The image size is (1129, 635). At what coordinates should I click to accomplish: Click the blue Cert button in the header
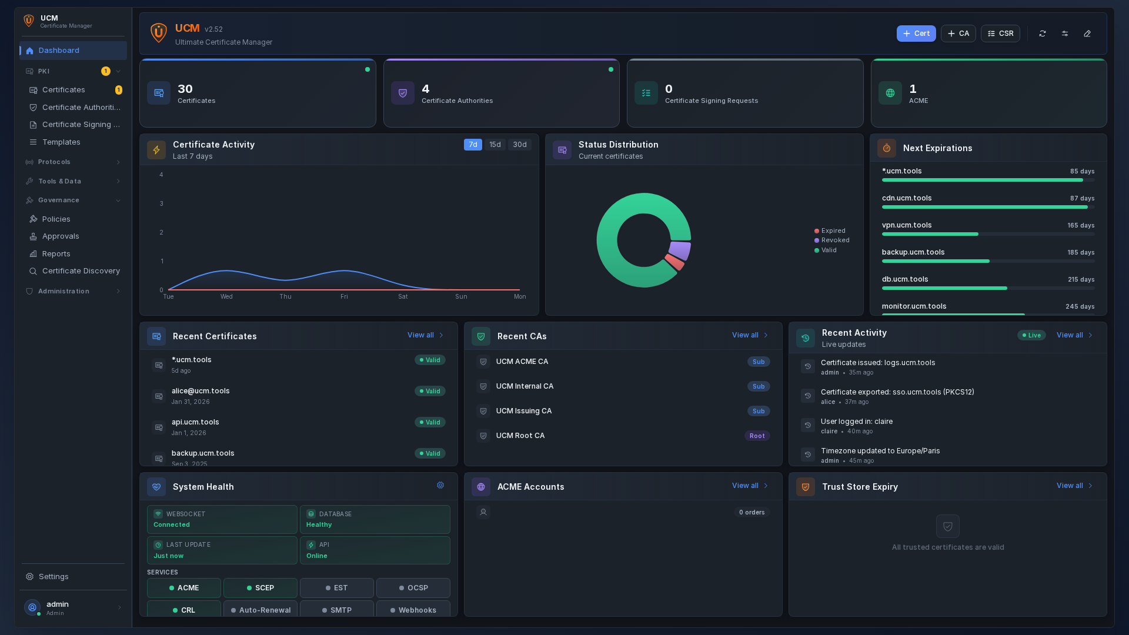coord(916,34)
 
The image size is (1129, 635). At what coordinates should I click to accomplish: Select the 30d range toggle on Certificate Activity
coord(519,145)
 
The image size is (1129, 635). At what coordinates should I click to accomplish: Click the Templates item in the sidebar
coord(61,142)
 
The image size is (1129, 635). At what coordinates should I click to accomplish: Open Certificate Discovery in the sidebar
coord(81,271)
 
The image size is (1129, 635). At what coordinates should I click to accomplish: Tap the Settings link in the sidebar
coord(54,577)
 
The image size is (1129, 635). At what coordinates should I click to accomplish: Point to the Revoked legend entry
coord(834,240)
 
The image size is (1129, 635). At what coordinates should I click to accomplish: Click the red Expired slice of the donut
coord(674,262)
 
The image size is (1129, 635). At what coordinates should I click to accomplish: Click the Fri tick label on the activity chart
coord(344,297)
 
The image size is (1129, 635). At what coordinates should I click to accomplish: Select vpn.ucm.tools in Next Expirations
coord(906,225)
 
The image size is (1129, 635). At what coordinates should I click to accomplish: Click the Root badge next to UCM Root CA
coord(757,436)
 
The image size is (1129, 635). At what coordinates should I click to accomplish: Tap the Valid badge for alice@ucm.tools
coord(430,392)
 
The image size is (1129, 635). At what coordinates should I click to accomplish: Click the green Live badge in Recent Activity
coord(1031,336)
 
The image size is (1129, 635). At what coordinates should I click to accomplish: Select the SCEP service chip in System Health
coord(260,588)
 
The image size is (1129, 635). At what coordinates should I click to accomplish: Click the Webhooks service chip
coord(413,610)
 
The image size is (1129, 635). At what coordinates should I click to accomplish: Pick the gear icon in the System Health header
coord(440,486)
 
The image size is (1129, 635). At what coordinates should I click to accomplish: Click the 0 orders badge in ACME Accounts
coord(751,513)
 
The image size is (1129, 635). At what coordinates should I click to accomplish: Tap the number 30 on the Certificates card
coord(185,89)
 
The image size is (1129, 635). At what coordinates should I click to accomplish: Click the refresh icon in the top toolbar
coord(1042,34)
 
